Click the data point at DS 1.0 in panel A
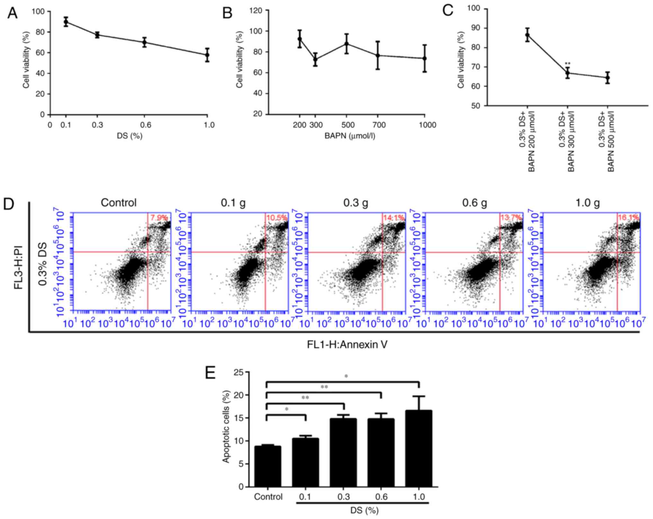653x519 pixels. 207,55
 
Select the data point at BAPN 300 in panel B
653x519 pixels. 315,59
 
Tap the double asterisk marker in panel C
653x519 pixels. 568,63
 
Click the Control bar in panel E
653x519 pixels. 268,466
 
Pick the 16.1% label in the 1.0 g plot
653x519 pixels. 628,218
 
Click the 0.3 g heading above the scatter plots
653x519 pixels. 355,203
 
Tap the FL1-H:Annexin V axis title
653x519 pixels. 347,345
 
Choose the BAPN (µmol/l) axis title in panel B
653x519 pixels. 350,136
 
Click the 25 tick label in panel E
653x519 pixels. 239,372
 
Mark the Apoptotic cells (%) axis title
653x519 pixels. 226,427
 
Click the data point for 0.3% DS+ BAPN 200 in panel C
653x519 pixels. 527,35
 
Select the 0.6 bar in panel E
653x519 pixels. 381,453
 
